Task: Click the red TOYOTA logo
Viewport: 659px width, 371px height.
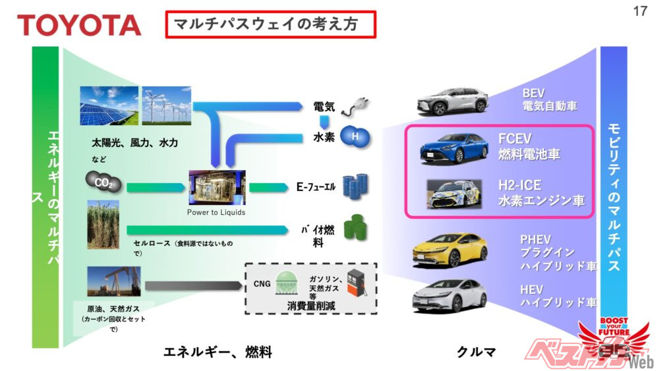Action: [x=79, y=25]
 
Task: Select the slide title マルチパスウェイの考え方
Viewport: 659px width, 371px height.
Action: [x=270, y=24]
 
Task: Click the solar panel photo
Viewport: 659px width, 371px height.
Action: [x=109, y=105]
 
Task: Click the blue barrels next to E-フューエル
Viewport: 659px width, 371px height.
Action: [x=356, y=185]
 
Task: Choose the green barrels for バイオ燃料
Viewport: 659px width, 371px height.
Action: [x=356, y=230]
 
